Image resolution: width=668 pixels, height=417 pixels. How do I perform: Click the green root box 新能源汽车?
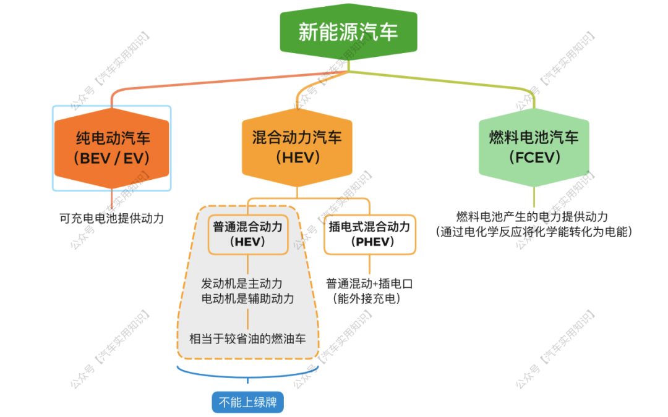coord(348,32)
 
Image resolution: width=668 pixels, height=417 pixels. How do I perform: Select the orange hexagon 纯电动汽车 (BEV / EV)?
coord(112,148)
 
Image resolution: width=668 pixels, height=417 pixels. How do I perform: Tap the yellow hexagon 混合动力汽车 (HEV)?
coord(296,148)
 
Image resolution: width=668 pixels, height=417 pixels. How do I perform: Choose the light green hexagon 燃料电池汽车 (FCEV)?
coord(533,147)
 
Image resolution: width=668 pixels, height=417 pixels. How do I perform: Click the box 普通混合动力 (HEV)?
coord(247,235)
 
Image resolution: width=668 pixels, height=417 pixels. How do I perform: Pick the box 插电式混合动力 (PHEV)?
coord(369,235)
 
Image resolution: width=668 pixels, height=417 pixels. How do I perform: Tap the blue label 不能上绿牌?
coord(247,403)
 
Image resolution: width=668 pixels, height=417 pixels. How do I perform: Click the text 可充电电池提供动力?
coord(112,217)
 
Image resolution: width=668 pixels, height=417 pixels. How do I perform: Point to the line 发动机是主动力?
coord(242,284)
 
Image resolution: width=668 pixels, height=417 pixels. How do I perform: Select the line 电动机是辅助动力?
coord(247,298)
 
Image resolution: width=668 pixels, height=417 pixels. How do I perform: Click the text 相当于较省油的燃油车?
coord(247,339)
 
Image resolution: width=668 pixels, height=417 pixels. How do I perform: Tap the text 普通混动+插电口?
coord(369,284)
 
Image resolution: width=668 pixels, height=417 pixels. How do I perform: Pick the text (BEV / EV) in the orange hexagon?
coord(112,158)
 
